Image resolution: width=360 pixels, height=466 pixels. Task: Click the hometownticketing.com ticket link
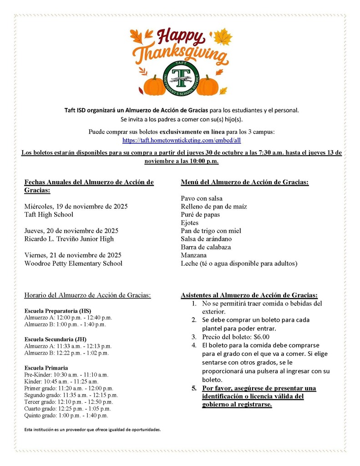(x=181, y=140)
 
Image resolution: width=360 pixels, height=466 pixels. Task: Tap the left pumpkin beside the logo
(x=155, y=86)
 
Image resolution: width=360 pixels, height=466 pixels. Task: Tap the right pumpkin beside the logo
(x=208, y=86)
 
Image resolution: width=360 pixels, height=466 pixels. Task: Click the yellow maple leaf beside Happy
(x=223, y=36)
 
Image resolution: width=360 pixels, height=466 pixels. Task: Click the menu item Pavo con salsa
(x=202, y=198)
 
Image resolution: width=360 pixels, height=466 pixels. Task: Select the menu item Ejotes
(x=190, y=223)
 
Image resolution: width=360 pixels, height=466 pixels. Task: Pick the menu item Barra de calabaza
(x=206, y=247)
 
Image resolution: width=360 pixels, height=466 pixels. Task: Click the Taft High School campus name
(x=49, y=214)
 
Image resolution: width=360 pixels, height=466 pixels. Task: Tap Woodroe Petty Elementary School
(x=73, y=263)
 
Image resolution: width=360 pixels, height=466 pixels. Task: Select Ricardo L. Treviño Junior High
(x=69, y=239)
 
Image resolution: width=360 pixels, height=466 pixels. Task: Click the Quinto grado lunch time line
(x=66, y=415)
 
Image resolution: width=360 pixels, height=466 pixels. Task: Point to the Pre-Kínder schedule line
(x=66, y=375)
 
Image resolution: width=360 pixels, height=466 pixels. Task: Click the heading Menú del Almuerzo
(x=244, y=182)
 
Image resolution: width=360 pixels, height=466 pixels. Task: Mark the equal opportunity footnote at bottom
(x=92, y=429)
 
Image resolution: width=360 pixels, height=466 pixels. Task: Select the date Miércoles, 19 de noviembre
(x=76, y=206)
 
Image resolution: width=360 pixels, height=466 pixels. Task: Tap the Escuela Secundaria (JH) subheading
(x=55, y=339)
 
